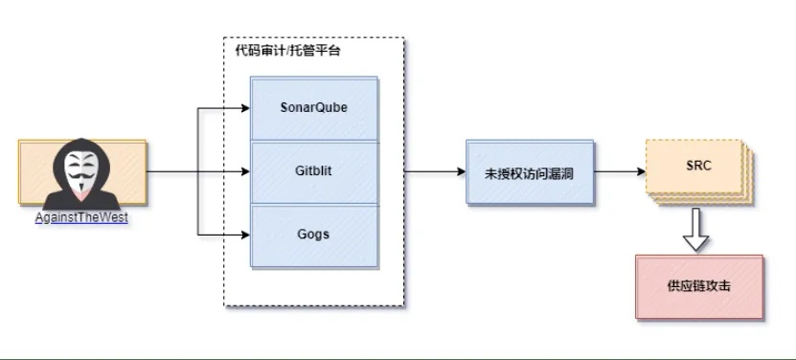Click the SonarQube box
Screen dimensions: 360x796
click(314, 107)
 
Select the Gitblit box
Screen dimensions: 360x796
click(314, 172)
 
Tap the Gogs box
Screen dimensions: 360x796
click(314, 236)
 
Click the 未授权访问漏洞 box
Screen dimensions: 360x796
click(529, 173)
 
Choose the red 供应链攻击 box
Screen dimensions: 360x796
click(699, 286)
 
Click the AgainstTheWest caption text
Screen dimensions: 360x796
click(81, 217)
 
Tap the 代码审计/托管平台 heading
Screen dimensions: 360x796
click(287, 51)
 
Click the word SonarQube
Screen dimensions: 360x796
click(314, 107)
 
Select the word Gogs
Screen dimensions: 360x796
click(314, 234)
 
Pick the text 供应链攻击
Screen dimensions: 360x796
click(699, 286)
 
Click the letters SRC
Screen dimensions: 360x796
click(698, 166)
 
